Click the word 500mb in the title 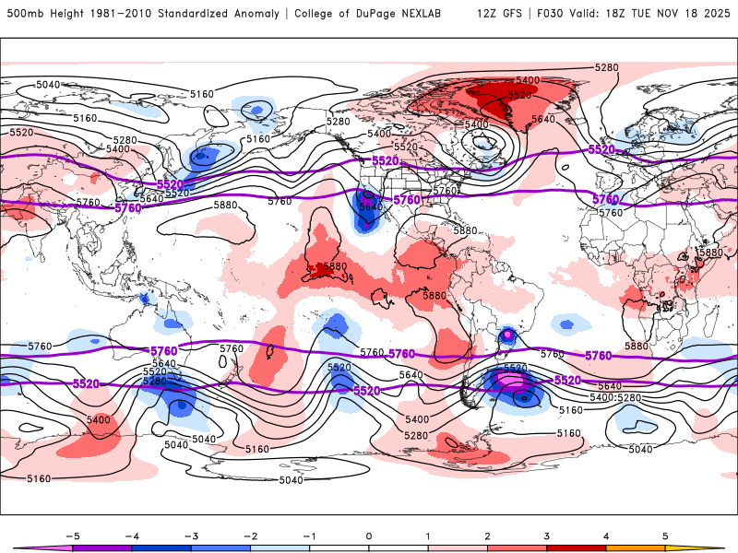click(x=24, y=15)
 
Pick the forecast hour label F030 click(x=559, y=15)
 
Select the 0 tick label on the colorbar click(x=369, y=535)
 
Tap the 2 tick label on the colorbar click(x=487, y=535)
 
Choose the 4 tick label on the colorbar click(x=606, y=535)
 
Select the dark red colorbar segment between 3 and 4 click(x=577, y=548)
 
